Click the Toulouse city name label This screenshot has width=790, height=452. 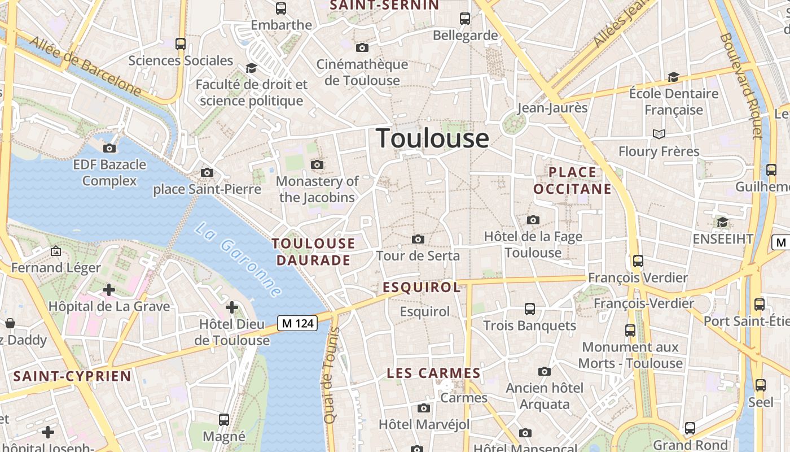coord(432,138)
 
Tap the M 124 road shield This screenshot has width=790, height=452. coord(297,323)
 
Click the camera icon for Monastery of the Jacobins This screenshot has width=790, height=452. coord(317,164)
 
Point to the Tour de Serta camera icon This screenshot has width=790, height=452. coord(418,239)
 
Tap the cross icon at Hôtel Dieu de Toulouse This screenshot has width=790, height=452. coord(231,307)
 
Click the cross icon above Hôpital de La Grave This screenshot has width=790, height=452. coord(108,290)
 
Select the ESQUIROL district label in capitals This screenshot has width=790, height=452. coord(422,288)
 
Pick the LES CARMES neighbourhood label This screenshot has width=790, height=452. coord(433,373)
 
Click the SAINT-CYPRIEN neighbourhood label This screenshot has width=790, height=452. coord(72,376)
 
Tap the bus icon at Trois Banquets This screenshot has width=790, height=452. coord(529,308)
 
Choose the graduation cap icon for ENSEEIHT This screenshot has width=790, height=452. coord(722,222)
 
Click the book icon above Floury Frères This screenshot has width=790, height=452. coord(659,134)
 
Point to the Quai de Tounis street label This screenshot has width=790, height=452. coord(331,376)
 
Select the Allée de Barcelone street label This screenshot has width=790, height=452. coord(85,66)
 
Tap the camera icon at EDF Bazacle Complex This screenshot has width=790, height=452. coord(109,148)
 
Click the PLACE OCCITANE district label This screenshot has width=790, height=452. coord(573,181)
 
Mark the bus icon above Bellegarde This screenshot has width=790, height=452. coord(465,19)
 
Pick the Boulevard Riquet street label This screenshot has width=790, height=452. coord(740,85)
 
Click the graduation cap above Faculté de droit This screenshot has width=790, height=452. coord(251,68)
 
